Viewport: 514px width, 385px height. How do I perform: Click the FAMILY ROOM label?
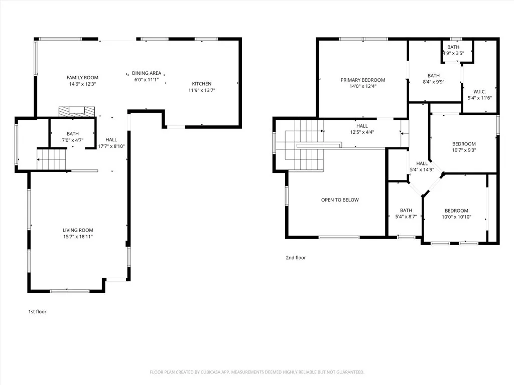(x=82, y=78)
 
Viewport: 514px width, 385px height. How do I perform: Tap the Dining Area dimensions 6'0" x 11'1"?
(x=146, y=80)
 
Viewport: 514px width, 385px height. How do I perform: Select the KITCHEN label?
(x=202, y=84)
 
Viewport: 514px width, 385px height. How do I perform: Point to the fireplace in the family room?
(x=76, y=111)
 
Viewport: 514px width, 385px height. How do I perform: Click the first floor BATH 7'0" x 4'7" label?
(x=73, y=134)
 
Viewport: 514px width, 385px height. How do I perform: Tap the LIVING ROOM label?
(x=78, y=230)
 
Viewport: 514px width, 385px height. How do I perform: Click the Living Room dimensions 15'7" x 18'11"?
(x=78, y=237)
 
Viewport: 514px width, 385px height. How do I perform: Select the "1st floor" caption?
(x=37, y=312)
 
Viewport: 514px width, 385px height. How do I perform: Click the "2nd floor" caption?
(x=296, y=258)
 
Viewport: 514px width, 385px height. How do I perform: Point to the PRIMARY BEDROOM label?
(x=362, y=80)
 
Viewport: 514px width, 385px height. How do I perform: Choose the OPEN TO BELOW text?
(x=340, y=200)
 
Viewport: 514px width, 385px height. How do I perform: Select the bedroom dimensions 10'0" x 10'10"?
(x=456, y=217)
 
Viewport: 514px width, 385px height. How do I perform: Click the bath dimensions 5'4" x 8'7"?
(x=406, y=217)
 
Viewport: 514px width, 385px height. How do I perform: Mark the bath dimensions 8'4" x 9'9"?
(x=433, y=82)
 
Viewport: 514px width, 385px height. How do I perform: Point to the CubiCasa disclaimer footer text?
(x=257, y=372)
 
